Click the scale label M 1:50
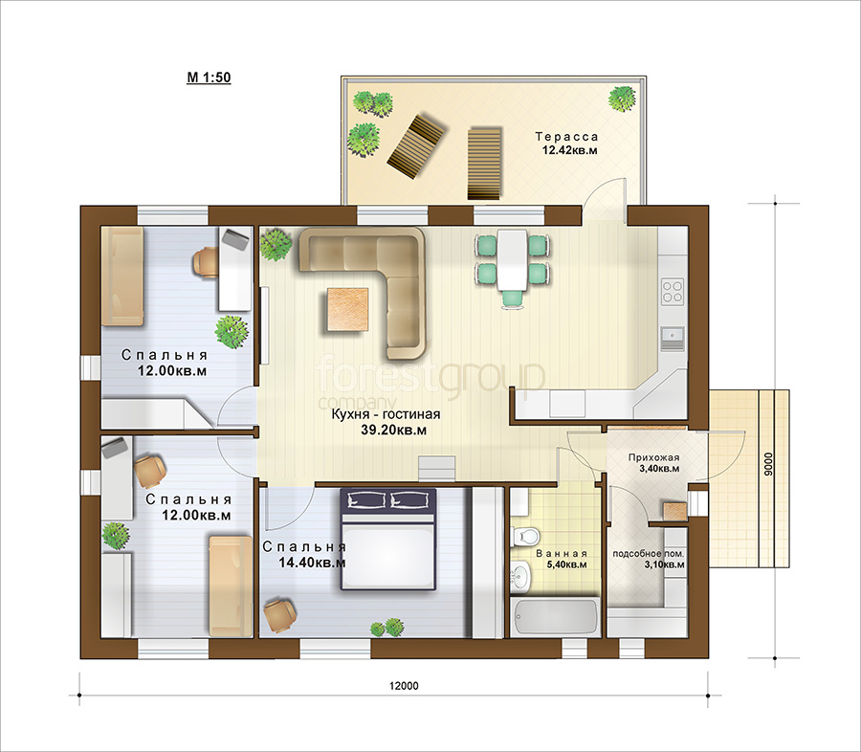click(209, 77)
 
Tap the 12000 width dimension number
click(404, 686)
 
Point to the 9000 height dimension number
click(768, 464)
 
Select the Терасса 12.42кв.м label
click(567, 143)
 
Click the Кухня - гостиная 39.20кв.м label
click(386, 422)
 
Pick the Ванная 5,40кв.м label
click(562, 559)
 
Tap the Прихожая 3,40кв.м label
click(654, 463)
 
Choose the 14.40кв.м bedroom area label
click(312, 563)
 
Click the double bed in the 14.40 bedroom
click(388, 540)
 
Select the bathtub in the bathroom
click(555, 617)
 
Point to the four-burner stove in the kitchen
click(673, 291)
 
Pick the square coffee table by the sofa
click(347, 309)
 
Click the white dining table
click(512, 260)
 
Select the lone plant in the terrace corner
click(622, 99)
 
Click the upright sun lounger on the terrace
click(484, 164)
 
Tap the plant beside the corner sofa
click(276, 244)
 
